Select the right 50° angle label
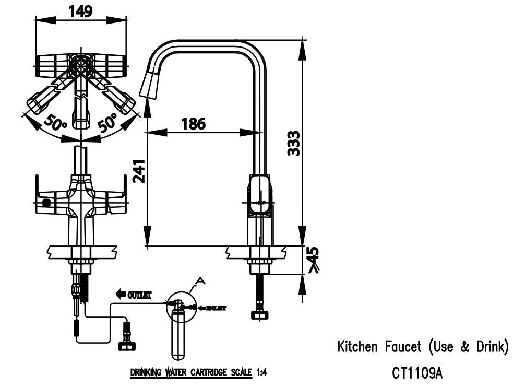click(107, 123)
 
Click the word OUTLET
click(139, 295)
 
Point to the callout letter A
click(200, 281)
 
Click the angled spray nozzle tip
click(149, 84)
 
